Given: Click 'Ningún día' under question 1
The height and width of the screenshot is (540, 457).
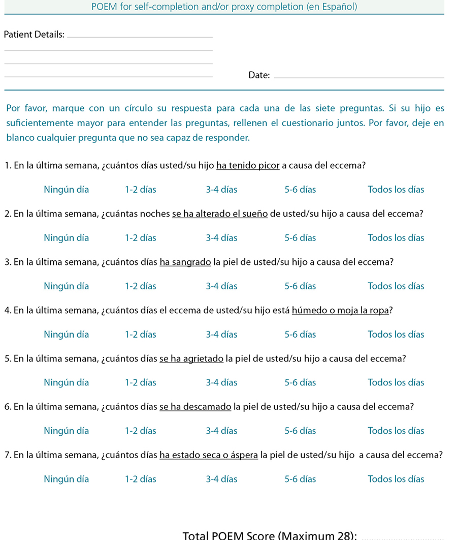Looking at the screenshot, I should point(66,190).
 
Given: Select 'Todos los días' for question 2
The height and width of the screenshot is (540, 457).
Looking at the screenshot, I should point(396,238).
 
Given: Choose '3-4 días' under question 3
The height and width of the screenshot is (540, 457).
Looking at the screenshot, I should point(221,286).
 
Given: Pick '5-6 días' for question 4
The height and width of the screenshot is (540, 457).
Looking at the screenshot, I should point(300,335).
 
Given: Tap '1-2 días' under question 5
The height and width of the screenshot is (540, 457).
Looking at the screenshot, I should point(141,383).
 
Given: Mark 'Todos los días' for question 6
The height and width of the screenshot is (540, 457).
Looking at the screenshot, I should point(396,431).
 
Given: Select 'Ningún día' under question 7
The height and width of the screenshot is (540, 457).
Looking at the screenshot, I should point(66,479).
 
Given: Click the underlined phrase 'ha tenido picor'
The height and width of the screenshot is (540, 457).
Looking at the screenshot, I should point(248,166).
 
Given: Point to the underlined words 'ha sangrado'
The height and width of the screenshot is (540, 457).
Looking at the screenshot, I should point(185,262).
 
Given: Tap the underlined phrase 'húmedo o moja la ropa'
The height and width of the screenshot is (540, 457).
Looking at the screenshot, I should point(340,311).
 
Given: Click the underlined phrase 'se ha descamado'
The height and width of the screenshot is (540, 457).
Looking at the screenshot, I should point(195,407).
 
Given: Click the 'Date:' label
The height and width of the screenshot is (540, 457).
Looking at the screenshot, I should point(259,75).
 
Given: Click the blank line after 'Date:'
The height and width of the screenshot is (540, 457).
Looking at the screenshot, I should point(358,77).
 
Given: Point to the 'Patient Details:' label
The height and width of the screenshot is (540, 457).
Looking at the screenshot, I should point(34,35).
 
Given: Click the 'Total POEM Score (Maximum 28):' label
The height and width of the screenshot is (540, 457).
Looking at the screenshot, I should point(270,535).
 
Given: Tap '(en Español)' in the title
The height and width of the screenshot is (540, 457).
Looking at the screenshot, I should point(333,7).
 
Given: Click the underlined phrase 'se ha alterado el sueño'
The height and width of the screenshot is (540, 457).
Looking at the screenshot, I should point(220,214).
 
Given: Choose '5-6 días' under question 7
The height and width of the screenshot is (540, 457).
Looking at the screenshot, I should point(300,479).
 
